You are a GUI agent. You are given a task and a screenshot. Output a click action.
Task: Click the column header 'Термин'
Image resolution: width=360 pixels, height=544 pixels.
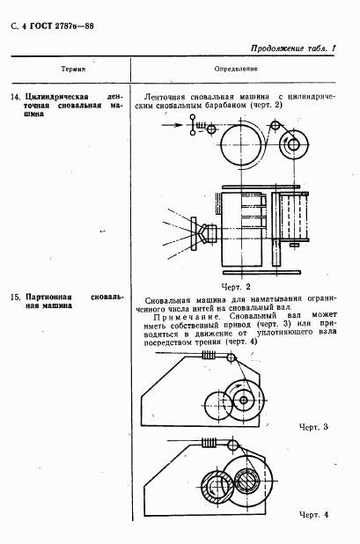[73, 69]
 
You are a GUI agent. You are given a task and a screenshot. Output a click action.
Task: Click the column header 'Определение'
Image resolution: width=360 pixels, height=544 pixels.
[236, 69]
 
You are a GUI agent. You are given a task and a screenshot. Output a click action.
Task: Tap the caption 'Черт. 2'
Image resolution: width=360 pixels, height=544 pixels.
[236, 287]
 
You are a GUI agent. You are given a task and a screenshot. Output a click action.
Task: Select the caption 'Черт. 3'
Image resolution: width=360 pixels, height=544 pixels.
[313, 427]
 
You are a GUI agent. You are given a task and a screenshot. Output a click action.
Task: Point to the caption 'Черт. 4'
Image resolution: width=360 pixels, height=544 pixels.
[313, 514]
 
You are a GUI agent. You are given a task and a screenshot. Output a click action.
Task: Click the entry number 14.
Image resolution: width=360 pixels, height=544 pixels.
[16, 97]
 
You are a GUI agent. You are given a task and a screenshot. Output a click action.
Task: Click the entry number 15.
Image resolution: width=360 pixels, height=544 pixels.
[16, 298]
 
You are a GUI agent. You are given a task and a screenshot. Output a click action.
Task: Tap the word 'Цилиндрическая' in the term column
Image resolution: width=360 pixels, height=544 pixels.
[57, 97]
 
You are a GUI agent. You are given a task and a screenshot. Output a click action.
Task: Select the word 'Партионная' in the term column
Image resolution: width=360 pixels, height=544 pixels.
[48, 298]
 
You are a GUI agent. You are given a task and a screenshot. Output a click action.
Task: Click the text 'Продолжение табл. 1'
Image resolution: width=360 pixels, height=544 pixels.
[293, 48]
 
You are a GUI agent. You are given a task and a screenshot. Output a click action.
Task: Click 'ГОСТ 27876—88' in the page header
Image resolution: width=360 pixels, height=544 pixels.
[62, 26]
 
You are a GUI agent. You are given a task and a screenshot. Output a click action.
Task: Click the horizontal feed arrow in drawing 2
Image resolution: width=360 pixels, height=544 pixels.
[172, 125]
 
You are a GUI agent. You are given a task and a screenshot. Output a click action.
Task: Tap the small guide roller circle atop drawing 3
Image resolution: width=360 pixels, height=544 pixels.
[231, 357]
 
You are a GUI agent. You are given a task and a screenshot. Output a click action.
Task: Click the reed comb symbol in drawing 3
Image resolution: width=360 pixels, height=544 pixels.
[209, 355]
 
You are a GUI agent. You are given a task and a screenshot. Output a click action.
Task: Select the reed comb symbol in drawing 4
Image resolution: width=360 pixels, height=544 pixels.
[209, 443]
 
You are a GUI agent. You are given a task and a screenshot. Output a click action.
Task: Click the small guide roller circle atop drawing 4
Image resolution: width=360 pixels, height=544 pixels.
[232, 445]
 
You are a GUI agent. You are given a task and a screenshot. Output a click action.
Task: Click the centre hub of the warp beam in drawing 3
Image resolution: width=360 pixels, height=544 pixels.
[244, 400]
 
